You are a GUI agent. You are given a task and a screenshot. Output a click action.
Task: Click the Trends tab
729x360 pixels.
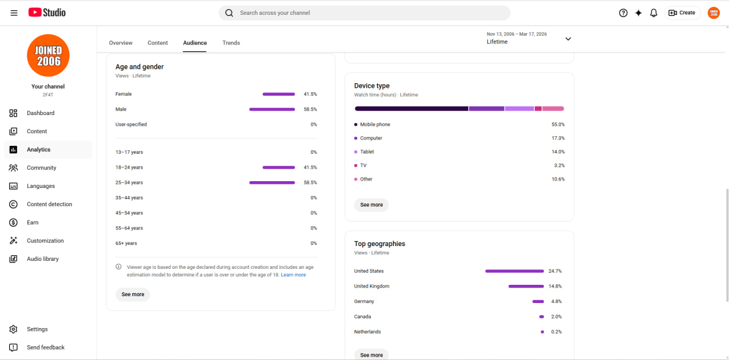click(x=231, y=43)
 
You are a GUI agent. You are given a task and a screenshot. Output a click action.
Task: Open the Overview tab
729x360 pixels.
click(x=120, y=43)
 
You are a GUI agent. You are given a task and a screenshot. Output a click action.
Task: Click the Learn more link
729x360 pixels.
click(x=293, y=275)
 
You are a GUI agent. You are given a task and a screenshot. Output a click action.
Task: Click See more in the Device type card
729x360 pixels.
click(x=371, y=204)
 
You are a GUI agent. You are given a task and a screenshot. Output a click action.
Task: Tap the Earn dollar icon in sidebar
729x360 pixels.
click(x=13, y=222)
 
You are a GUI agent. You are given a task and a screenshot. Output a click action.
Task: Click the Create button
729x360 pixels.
click(x=682, y=13)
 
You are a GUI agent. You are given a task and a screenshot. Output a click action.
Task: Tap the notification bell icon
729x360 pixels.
click(x=653, y=13)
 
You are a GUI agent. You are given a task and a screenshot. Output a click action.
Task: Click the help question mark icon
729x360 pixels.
click(x=623, y=13)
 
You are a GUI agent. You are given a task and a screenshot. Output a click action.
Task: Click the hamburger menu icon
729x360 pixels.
click(x=14, y=13)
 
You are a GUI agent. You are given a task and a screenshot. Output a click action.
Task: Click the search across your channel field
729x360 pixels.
click(x=364, y=13)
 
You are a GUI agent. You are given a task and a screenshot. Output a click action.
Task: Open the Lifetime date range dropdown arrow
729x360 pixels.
click(x=568, y=39)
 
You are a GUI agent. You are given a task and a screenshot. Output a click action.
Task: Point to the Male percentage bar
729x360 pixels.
click(x=272, y=109)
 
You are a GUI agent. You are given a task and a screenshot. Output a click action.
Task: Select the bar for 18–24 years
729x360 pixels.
click(x=279, y=167)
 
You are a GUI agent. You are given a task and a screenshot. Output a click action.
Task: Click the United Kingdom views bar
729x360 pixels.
click(x=526, y=286)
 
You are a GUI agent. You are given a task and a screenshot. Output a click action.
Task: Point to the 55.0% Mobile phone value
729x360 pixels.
click(x=558, y=124)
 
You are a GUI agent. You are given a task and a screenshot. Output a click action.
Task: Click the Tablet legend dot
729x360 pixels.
click(x=356, y=152)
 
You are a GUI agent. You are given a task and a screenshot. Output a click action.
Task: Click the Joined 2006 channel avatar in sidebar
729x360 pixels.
click(x=48, y=55)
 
